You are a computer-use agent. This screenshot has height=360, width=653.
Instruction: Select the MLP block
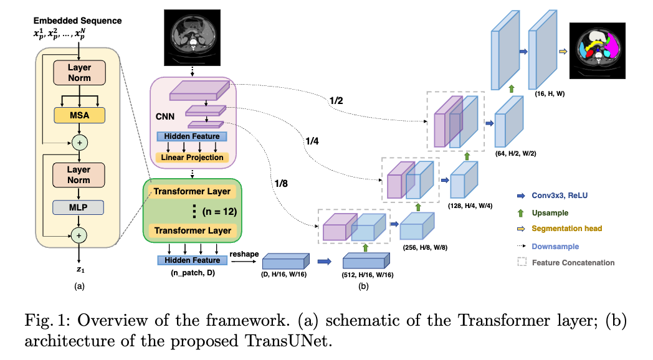pos(79,206)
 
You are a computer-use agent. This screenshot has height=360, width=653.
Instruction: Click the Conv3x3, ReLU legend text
pos(560,195)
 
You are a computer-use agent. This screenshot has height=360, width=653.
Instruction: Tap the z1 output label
pos(79,272)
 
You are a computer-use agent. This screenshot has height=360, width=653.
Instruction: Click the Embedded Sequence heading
pos(77,21)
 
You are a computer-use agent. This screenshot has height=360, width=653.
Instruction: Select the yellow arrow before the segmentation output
pos(564,53)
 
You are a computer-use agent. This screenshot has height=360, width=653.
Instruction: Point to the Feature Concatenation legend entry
pos(573,262)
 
